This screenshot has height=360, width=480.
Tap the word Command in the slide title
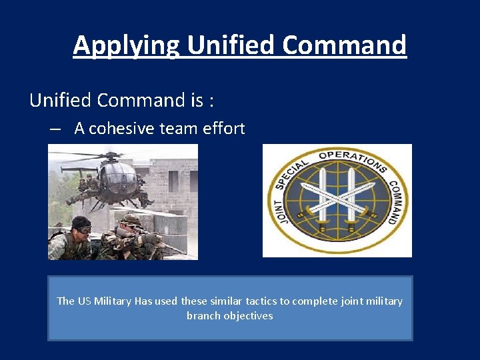click(344, 45)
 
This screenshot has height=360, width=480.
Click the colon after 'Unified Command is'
click(211, 101)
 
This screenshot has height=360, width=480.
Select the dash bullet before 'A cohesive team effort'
click(56, 129)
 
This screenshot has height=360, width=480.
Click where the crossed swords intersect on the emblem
click(337, 199)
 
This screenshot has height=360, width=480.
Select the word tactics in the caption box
click(261, 301)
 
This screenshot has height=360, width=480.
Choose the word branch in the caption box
click(203, 315)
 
